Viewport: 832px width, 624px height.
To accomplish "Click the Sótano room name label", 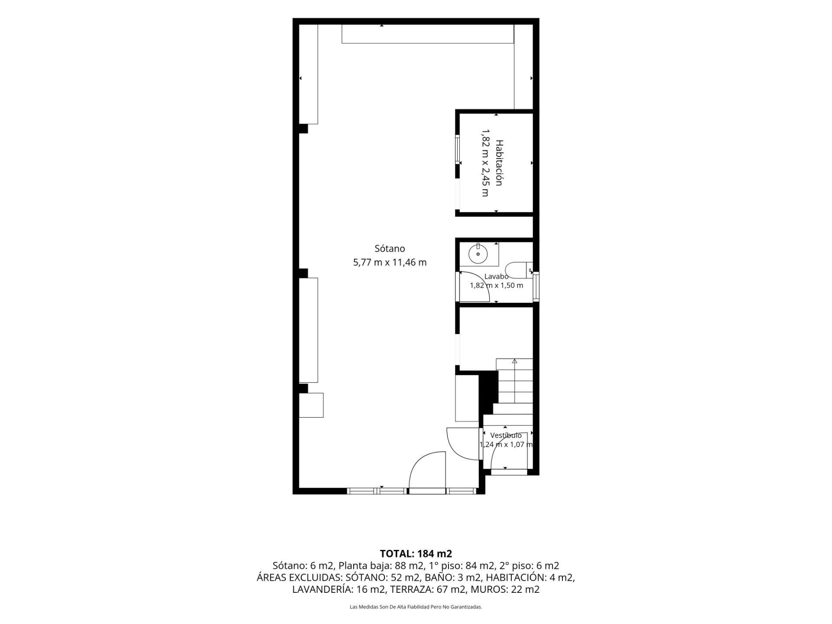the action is pyautogui.click(x=390, y=248).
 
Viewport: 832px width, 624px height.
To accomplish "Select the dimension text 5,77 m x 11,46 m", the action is pyautogui.click(x=390, y=262).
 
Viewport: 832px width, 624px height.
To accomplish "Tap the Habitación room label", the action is pyautogui.click(x=499, y=163).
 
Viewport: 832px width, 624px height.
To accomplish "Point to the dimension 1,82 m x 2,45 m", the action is pyautogui.click(x=485, y=163).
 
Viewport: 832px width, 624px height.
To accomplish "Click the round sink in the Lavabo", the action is pyautogui.click(x=478, y=254).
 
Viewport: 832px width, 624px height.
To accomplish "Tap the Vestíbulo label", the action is pyautogui.click(x=506, y=435).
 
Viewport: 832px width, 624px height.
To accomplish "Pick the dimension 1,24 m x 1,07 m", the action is pyautogui.click(x=506, y=444).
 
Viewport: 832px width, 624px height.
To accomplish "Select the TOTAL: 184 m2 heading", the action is pyautogui.click(x=416, y=553).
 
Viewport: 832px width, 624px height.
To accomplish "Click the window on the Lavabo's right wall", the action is pyautogui.click(x=536, y=286).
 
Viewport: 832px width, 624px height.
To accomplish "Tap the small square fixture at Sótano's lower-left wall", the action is pyautogui.click(x=311, y=405).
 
